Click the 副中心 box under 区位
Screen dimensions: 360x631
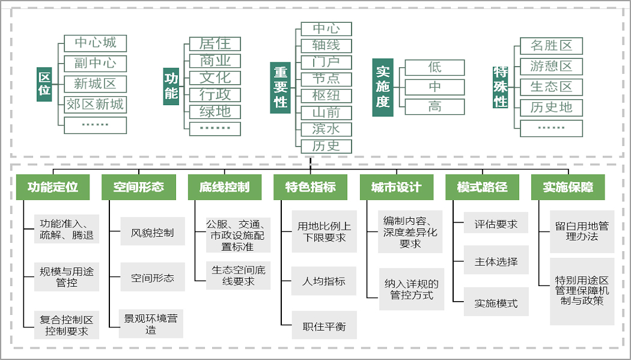(96, 64)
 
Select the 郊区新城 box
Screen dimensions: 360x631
(96, 105)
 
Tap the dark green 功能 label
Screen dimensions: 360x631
(171, 85)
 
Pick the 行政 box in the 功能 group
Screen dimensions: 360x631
(215, 95)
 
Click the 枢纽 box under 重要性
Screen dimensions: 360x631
(326, 96)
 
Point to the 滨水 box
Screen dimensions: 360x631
(326, 129)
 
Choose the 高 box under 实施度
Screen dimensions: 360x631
(434, 107)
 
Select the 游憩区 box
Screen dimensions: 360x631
(551, 66)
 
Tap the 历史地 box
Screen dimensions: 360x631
(551, 108)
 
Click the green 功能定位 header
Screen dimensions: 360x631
(53, 187)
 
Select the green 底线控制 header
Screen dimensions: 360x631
(224, 187)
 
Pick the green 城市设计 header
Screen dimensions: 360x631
(396, 187)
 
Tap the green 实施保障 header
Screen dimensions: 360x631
(568, 187)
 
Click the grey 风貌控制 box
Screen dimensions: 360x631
(152, 233)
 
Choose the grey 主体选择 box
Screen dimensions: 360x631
(496, 262)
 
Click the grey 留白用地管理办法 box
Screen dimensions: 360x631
(582, 231)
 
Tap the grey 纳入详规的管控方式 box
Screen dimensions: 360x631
(411, 289)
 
